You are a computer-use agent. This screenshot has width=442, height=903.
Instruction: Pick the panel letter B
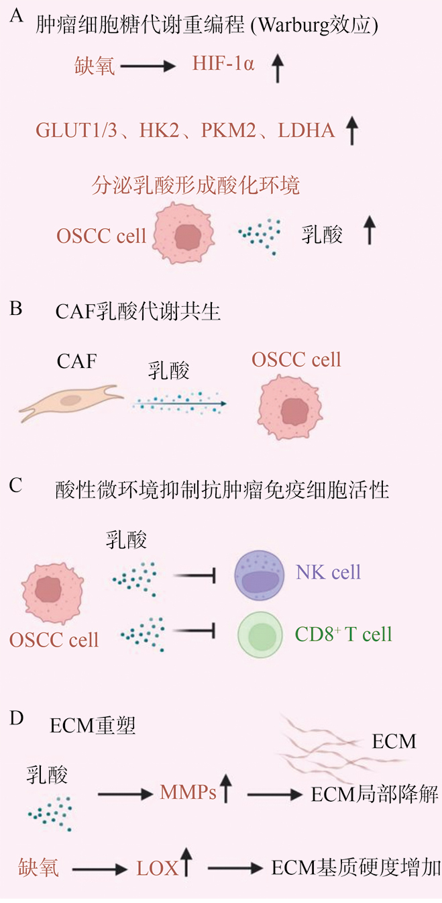point(17,310)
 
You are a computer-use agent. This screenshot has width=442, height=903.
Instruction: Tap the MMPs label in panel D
point(188,793)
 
